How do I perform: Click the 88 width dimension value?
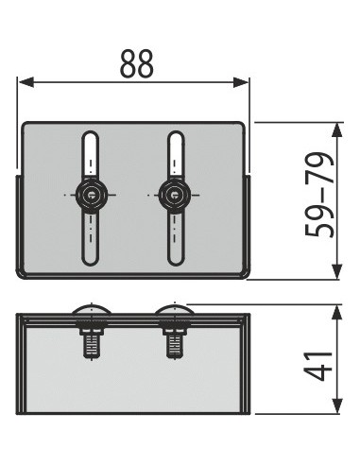tap(137, 64)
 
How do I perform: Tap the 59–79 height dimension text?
tap(319, 195)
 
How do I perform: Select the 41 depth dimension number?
tap(319, 366)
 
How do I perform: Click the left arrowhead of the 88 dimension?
tap(26, 82)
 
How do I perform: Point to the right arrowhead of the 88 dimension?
tap(241, 82)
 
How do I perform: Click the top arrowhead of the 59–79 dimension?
tap(337, 130)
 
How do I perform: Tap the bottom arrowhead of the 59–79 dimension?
tap(337, 271)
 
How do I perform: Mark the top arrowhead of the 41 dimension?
tap(337, 313)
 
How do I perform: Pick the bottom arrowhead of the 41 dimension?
tap(337, 405)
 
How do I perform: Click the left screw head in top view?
tap(91, 195)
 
